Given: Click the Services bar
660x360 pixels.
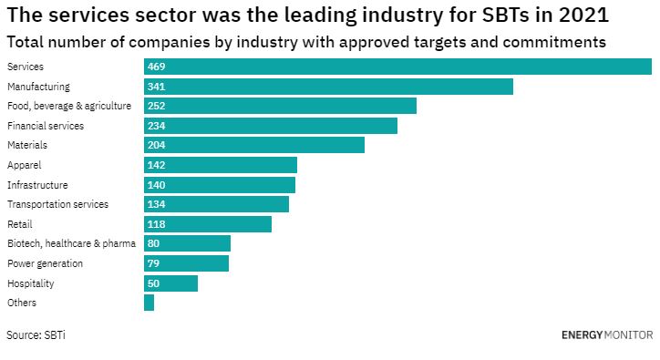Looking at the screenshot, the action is [x=397, y=67].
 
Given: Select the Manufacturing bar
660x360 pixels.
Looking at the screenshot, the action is [x=328, y=87].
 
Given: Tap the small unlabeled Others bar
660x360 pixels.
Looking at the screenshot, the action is [x=149, y=303].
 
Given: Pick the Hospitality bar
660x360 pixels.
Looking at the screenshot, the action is [x=170, y=283].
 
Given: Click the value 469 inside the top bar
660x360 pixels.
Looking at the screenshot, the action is [x=156, y=67].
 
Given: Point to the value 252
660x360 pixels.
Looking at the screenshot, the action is [x=156, y=106].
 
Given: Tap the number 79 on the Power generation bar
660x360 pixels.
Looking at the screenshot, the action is [x=154, y=263].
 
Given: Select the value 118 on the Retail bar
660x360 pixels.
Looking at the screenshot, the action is [x=156, y=224].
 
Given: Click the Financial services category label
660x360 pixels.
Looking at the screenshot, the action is [x=46, y=126].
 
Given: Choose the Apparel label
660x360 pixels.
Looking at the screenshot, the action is [x=24, y=165].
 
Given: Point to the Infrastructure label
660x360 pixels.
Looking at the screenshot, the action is [x=37, y=185].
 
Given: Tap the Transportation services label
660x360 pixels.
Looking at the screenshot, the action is [x=57, y=204].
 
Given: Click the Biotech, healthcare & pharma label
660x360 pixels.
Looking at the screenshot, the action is [x=71, y=243].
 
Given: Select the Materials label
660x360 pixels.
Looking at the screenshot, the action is [x=27, y=145].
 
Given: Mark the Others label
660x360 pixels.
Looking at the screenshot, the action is [x=22, y=303].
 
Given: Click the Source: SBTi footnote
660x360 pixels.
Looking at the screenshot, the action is [x=36, y=335].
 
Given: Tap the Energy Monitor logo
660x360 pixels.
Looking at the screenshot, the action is [x=607, y=335].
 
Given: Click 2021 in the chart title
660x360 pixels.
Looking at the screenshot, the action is [x=583, y=15].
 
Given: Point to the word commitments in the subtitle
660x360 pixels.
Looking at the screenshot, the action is [x=554, y=42].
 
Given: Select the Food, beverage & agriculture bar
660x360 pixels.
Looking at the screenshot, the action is [x=281, y=106].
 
